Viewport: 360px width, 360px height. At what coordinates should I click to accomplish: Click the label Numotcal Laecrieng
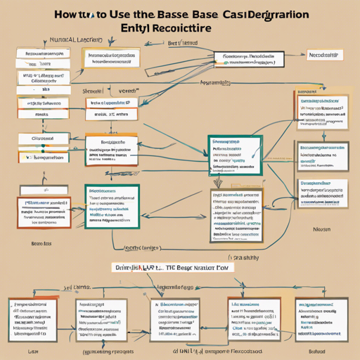tap(72, 41)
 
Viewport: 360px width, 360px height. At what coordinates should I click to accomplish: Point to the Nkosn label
tap(322, 229)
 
